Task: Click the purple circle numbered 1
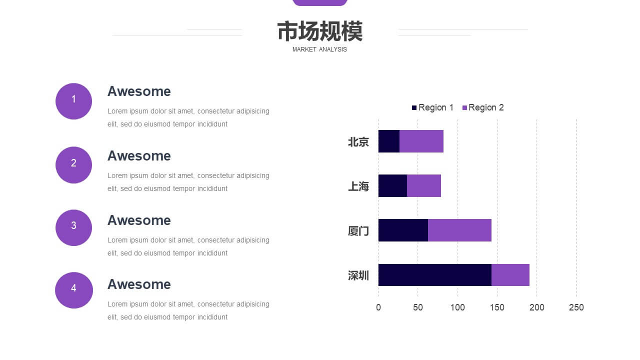pyautogui.click(x=73, y=101)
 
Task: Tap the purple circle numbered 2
pyautogui.click(x=73, y=165)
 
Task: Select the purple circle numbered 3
pyautogui.click(x=73, y=227)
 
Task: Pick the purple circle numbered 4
pyautogui.click(x=73, y=290)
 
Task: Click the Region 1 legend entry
pyautogui.click(x=432, y=107)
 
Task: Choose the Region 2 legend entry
pyautogui.click(x=483, y=107)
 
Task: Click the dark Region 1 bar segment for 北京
pyautogui.click(x=389, y=141)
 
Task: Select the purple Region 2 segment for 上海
pyautogui.click(x=423, y=185)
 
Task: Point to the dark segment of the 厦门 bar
pyautogui.click(x=403, y=230)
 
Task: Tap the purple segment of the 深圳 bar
pyautogui.click(x=510, y=275)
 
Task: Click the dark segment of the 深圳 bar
pyautogui.click(x=435, y=275)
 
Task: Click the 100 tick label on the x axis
pyautogui.click(x=457, y=307)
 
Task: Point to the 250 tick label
pyautogui.click(x=576, y=307)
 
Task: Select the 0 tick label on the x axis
pyautogui.click(x=378, y=307)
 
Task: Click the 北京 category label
pyautogui.click(x=358, y=141)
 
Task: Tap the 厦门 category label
pyautogui.click(x=358, y=231)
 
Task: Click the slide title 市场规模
pyautogui.click(x=319, y=31)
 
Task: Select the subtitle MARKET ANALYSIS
pyautogui.click(x=319, y=49)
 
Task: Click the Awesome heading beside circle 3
pyautogui.click(x=139, y=220)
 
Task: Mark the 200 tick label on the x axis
pyautogui.click(x=536, y=307)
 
